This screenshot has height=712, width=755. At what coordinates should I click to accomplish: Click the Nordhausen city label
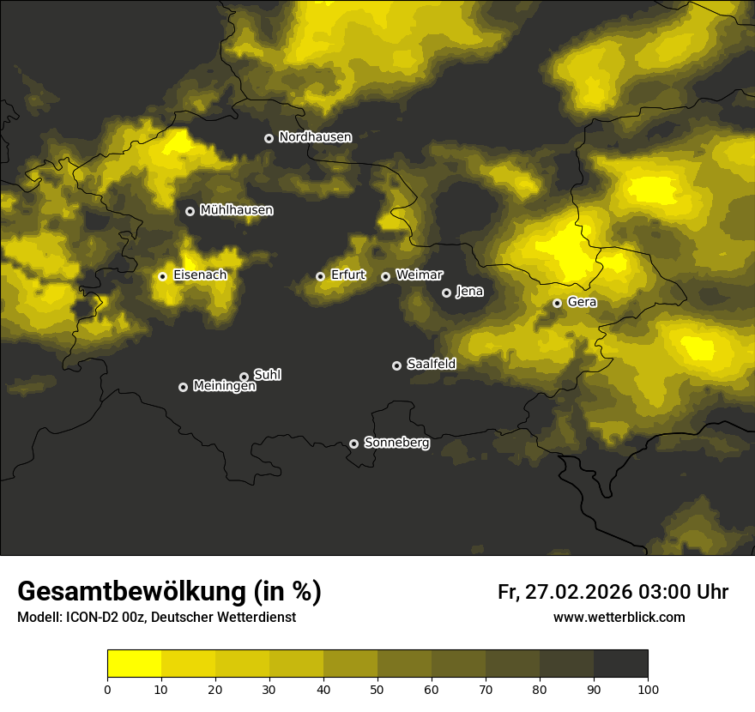click(x=315, y=137)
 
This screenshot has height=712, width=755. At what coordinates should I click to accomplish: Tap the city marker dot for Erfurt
click(x=320, y=276)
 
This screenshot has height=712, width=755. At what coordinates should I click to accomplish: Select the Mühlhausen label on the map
click(x=236, y=210)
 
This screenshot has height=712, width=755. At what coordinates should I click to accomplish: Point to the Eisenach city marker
click(x=162, y=276)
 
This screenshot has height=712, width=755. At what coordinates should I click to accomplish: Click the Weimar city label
click(x=420, y=275)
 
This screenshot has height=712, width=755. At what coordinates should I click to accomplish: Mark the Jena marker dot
click(x=446, y=293)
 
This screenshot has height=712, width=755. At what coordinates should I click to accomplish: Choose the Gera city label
click(x=582, y=303)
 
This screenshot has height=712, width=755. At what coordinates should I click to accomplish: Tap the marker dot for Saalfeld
click(x=396, y=365)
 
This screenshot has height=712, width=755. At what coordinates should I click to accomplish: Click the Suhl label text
click(x=268, y=375)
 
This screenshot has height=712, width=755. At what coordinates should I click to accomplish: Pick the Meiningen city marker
click(x=183, y=387)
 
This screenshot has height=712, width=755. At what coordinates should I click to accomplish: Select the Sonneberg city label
click(x=396, y=443)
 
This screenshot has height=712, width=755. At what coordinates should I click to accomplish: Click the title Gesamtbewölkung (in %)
click(x=169, y=592)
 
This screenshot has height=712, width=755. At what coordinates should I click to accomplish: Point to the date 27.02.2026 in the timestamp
click(x=579, y=592)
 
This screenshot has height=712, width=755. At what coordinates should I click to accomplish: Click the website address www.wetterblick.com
click(x=619, y=618)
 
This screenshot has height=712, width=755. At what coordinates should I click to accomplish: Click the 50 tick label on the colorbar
click(x=377, y=688)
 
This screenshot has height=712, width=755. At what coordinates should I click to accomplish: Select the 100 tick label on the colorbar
click(x=647, y=688)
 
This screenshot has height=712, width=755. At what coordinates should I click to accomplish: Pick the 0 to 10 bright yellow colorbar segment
click(x=135, y=664)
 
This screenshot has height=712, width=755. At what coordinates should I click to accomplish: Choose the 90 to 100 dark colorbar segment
click(x=620, y=664)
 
